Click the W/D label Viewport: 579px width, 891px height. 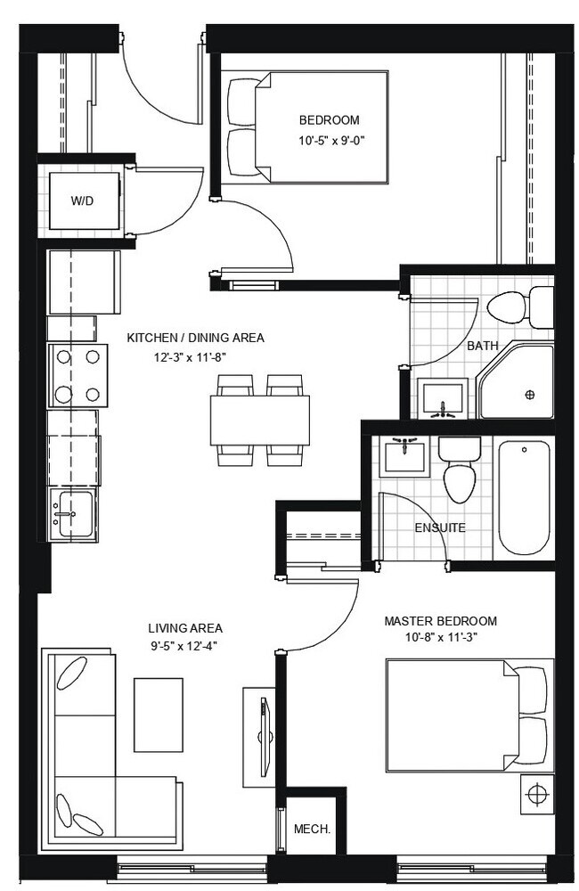[82, 200]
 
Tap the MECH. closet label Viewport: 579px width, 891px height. [312, 829]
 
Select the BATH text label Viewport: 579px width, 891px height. [483, 346]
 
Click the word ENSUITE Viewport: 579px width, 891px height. [440, 527]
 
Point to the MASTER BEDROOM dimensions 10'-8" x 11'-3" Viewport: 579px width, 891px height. [441, 638]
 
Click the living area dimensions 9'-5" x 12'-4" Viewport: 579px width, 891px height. [184, 645]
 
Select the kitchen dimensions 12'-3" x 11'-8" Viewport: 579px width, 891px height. [194, 356]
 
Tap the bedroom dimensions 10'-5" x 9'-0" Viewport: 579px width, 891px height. [330, 140]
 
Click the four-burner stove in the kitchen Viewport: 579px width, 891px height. [77, 376]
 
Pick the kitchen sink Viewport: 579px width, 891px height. [73, 514]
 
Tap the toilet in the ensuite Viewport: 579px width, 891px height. [459, 470]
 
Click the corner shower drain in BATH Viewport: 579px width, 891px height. [530, 395]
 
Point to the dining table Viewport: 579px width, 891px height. [260, 421]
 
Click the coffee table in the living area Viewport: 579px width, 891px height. [159, 707]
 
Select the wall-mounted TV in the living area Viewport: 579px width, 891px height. [265, 737]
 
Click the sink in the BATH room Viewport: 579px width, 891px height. [444, 397]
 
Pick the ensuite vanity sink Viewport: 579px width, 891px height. [404, 455]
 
